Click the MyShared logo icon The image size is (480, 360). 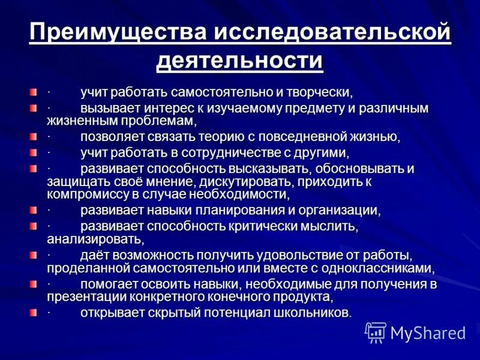[x=376, y=332]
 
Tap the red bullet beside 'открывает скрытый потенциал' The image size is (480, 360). [x=32, y=313]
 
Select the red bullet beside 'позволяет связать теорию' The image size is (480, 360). [x=32, y=137]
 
